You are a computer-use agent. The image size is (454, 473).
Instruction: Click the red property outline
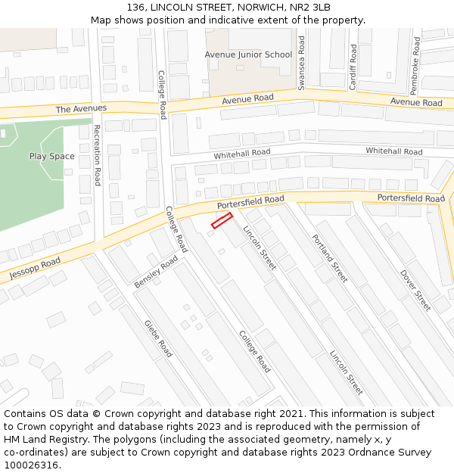click(x=222, y=220)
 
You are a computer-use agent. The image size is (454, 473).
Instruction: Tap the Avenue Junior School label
click(x=248, y=54)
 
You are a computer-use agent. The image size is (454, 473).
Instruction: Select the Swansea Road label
click(x=301, y=63)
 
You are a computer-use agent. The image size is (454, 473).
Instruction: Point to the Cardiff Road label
click(x=353, y=67)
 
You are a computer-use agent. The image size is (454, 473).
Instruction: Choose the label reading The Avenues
click(x=81, y=109)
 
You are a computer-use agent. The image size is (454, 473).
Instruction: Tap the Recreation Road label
click(x=97, y=155)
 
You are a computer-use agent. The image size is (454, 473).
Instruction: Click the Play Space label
click(x=52, y=157)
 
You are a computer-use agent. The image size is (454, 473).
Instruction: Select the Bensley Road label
click(x=156, y=272)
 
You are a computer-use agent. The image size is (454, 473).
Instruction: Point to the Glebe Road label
click(x=158, y=338)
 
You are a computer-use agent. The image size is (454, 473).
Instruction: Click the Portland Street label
click(x=330, y=258)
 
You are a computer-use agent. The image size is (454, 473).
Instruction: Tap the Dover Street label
click(x=415, y=290)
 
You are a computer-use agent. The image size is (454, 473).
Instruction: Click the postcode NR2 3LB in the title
click(x=311, y=8)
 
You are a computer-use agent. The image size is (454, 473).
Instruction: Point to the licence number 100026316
click(x=31, y=465)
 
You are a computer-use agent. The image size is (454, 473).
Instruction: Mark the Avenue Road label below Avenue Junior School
click(x=247, y=99)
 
